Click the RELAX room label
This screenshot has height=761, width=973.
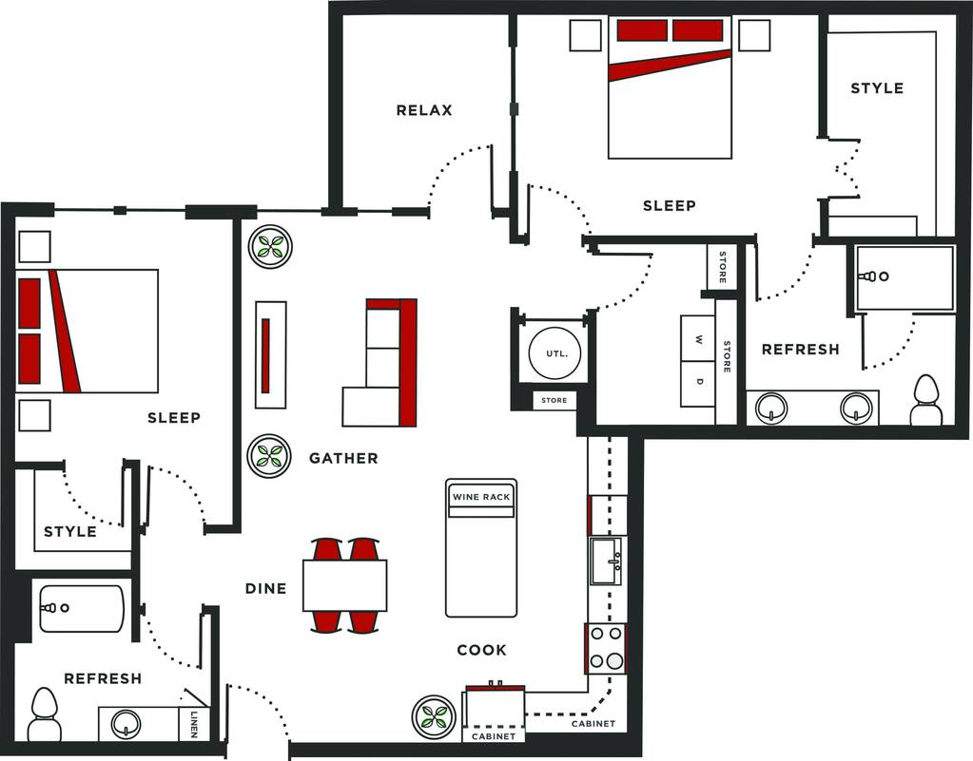424,110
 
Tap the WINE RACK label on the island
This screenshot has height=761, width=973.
481,497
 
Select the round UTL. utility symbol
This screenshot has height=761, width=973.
555,353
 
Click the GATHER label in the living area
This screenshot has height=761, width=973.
343,458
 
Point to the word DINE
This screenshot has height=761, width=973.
265,588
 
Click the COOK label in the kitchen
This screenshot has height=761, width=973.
481,650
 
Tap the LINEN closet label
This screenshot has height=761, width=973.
194,724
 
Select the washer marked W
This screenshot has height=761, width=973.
697,339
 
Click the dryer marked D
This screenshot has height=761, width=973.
697,384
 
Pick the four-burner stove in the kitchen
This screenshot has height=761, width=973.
606,648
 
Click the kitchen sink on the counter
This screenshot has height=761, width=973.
606,561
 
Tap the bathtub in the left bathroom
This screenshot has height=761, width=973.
81,609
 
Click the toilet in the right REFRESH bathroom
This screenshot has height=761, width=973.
925,399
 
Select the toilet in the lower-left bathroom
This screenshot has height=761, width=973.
45,713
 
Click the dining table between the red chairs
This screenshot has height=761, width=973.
345,585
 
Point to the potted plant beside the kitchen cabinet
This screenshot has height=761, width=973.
435,716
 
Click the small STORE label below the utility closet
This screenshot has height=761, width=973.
555,400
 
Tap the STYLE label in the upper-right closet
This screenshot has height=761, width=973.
877,88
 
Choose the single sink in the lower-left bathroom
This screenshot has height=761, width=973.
126,724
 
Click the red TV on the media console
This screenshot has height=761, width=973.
265,355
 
